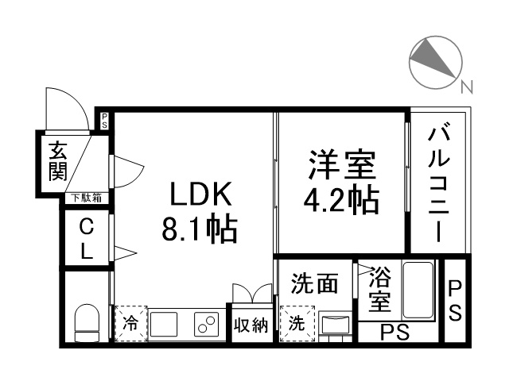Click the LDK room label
point(201,194)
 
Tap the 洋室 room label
point(342,164)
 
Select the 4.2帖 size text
point(341,199)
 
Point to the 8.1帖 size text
point(200,228)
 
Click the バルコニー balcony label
point(438,182)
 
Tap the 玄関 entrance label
point(58,161)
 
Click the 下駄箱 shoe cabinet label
point(87,198)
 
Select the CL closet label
point(87,239)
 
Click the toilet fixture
point(87,323)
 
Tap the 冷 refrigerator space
point(131,323)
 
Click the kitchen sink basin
point(164,325)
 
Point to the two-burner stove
point(207,325)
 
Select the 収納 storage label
point(251,325)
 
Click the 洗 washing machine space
point(297,323)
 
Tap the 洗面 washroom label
point(315,283)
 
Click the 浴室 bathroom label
point(379,289)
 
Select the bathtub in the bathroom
point(418,291)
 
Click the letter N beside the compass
point(467,87)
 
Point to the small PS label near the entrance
point(104,121)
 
